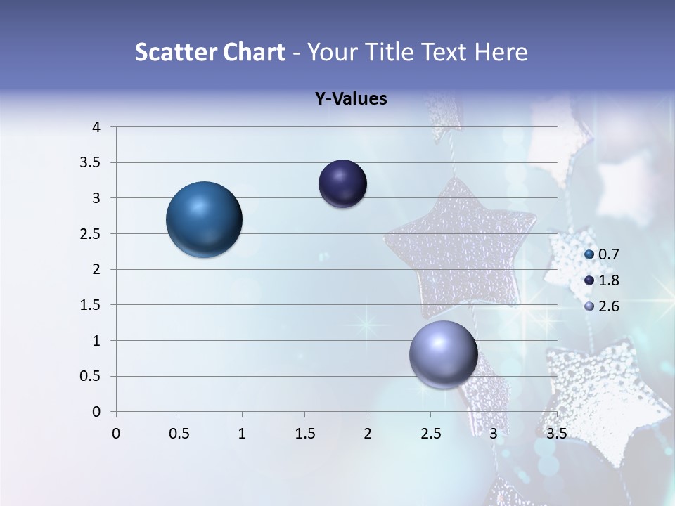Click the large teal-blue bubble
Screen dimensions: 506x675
[x=205, y=219]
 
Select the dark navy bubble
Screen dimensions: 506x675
[x=342, y=184]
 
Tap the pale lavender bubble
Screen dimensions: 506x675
[x=443, y=355]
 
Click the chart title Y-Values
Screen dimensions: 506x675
[x=351, y=99]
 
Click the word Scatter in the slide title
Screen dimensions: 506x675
[x=174, y=52]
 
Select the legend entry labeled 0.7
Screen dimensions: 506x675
[x=608, y=254]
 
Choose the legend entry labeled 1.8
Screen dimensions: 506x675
[x=608, y=280]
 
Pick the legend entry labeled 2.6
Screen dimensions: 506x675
[x=608, y=306]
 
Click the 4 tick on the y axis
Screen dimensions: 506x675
[x=97, y=127]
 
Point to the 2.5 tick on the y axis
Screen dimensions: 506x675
[x=91, y=234]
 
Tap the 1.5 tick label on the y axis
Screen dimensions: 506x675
[x=91, y=305]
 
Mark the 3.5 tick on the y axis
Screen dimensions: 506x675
[x=91, y=163]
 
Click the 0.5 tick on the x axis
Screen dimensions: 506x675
[x=179, y=434]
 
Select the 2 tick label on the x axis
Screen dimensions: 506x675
[x=368, y=434]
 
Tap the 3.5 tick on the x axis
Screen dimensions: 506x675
[x=556, y=434]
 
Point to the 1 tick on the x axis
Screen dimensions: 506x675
[x=242, y=434]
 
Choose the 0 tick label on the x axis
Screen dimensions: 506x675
[x=116, y=434]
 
